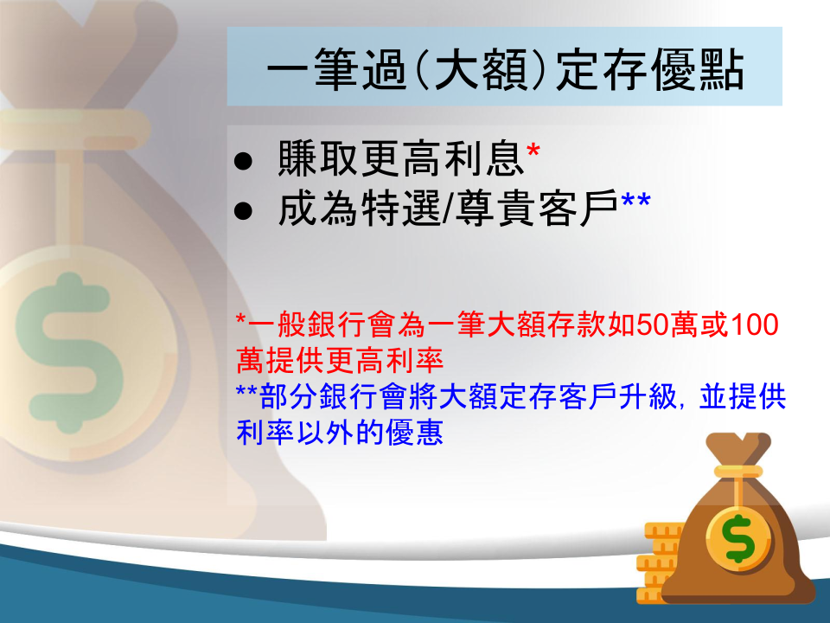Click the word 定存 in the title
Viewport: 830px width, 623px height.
coord(602,70)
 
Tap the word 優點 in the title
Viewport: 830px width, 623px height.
coord(698,70)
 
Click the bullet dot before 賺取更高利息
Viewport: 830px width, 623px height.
coord(243,161)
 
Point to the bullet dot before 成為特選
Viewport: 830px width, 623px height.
coord(243,210)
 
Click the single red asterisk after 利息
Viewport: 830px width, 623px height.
coord(533,151)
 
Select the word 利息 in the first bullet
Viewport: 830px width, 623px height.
coord(485,158)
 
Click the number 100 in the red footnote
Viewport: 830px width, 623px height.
coord(754,324)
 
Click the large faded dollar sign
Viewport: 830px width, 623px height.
coord(69,352)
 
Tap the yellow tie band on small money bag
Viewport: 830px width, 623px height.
coord(738,472)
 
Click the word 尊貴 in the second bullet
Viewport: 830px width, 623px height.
coord(495,209)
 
